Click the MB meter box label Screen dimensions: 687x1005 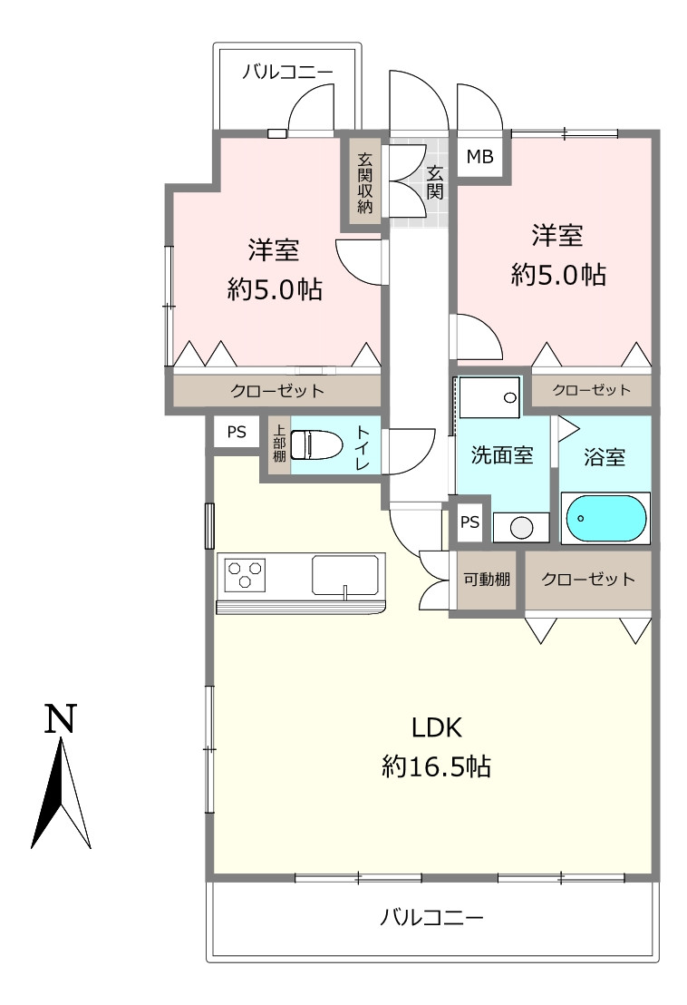pyautogui.click(x=479, y=156)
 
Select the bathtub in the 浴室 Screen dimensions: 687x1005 pyautogui.click(x=605, y=518)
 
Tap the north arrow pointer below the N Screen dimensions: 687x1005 pyautogui.click(x=61, y=793)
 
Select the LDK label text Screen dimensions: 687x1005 pyautogui.click(x=437, y=728)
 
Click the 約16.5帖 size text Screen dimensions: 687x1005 pyautogui.click(x=437, y=766)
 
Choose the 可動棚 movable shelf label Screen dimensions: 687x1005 pyautogui.click(x=487, y=580)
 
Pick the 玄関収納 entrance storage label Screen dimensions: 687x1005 pyautogui.click(x=365, y=183)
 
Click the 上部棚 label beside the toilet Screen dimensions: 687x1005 pyautogui.click(x=279, y=443)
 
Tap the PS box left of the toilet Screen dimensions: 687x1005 pyautogui.click(x=237, y=432)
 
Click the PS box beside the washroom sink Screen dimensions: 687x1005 pyautogui.click(x=469, y=522)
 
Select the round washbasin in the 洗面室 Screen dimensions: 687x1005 pyautogui.click(x=521, y=528)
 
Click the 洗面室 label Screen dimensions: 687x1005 pyautogui.click(x=502, y=455)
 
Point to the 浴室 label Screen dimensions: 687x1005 pyautogui.click(x=605, y=457)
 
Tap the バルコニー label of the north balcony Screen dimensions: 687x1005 pyautogui.click(x=287, y=72)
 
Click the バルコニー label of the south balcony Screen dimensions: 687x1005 pyautogui.click(x=431, y=918)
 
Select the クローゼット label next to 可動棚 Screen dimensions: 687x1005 pyautogui.click(x=588, y=580)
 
